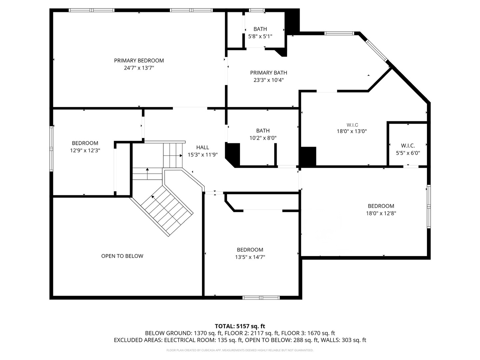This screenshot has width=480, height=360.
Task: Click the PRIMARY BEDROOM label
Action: tap(139, 61)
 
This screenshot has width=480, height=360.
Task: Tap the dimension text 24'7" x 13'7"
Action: tap(139, 68)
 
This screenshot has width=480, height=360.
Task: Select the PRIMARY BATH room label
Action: tap(269, 73)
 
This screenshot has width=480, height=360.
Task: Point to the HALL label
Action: tap(202, 147)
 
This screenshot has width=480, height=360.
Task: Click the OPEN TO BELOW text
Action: tap(122, 256)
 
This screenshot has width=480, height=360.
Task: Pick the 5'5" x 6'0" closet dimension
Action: tap(408, 153)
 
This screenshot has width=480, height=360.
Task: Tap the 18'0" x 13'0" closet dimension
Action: tap(352, 131)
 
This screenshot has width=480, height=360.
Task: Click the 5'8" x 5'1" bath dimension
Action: tap(260, 36)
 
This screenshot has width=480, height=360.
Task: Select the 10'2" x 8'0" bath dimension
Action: tap(263, 138)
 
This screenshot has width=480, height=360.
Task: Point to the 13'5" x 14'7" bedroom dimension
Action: tap(250, 257)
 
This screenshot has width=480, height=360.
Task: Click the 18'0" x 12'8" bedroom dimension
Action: tap(381, 213)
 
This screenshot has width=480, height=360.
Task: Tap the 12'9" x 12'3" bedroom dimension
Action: tap(85, 151)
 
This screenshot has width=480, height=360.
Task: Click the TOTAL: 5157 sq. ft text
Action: tap(240, 326)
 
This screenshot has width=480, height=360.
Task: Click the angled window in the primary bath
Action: tap(377, 50)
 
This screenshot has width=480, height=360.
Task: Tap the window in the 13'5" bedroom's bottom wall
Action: tap(261, 297)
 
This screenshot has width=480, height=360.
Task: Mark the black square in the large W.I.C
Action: tap(308, 156)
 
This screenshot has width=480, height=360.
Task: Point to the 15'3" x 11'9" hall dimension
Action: tap(202, 155)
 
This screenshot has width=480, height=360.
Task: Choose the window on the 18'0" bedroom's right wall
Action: tap(429, 207)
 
